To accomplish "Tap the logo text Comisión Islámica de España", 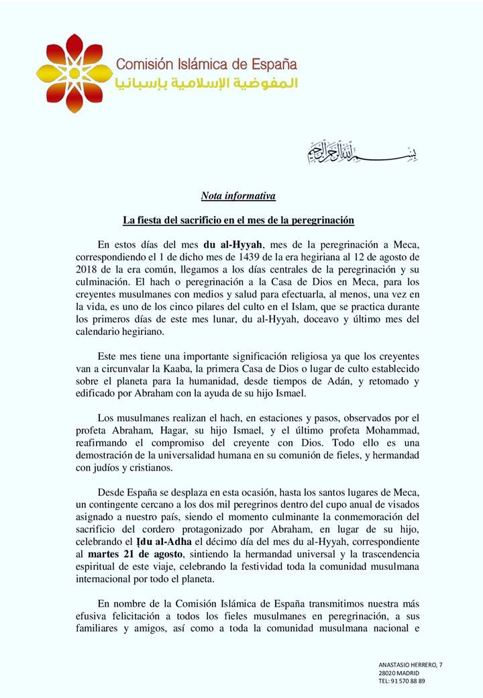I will pyautogui.click(x=206, y=65).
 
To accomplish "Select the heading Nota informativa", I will pyautogui.click(x=238, y=196).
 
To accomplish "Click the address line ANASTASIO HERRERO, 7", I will pyautogui.click(x=411, y=664).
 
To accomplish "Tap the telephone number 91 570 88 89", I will pyautogui.click(x=409, y=680).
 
